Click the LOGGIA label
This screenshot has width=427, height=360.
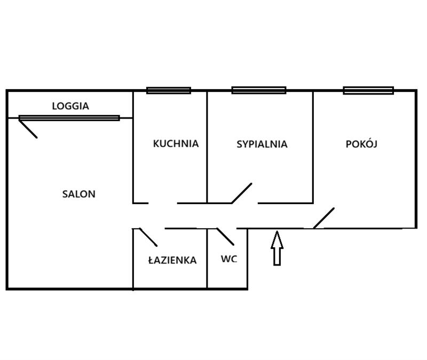click(70, 106)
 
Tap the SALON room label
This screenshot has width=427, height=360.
click(78, 194)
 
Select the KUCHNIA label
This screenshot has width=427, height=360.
click(176, 144)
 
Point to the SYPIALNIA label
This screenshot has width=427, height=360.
click(262, 144)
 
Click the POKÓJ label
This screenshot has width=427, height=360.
click(361, 144)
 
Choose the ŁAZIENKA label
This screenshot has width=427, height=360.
click(172, 260)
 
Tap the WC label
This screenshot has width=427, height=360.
click(229, 259)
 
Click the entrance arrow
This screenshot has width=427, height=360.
click(277, 248)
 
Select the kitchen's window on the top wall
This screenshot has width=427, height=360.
click(169, 90)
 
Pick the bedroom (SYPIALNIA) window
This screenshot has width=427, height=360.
click(259, 90)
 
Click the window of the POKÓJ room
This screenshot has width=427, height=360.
click(368, 90)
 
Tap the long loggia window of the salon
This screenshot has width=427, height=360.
click(69, 118)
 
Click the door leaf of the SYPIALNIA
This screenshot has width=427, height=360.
click(242, 193)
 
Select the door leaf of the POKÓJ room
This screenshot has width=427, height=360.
click(324, 218)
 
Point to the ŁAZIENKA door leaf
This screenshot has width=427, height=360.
click(148, 237)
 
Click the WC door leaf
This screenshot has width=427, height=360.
click(225, 237)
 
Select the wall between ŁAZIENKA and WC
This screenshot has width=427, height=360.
click(207, 259)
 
